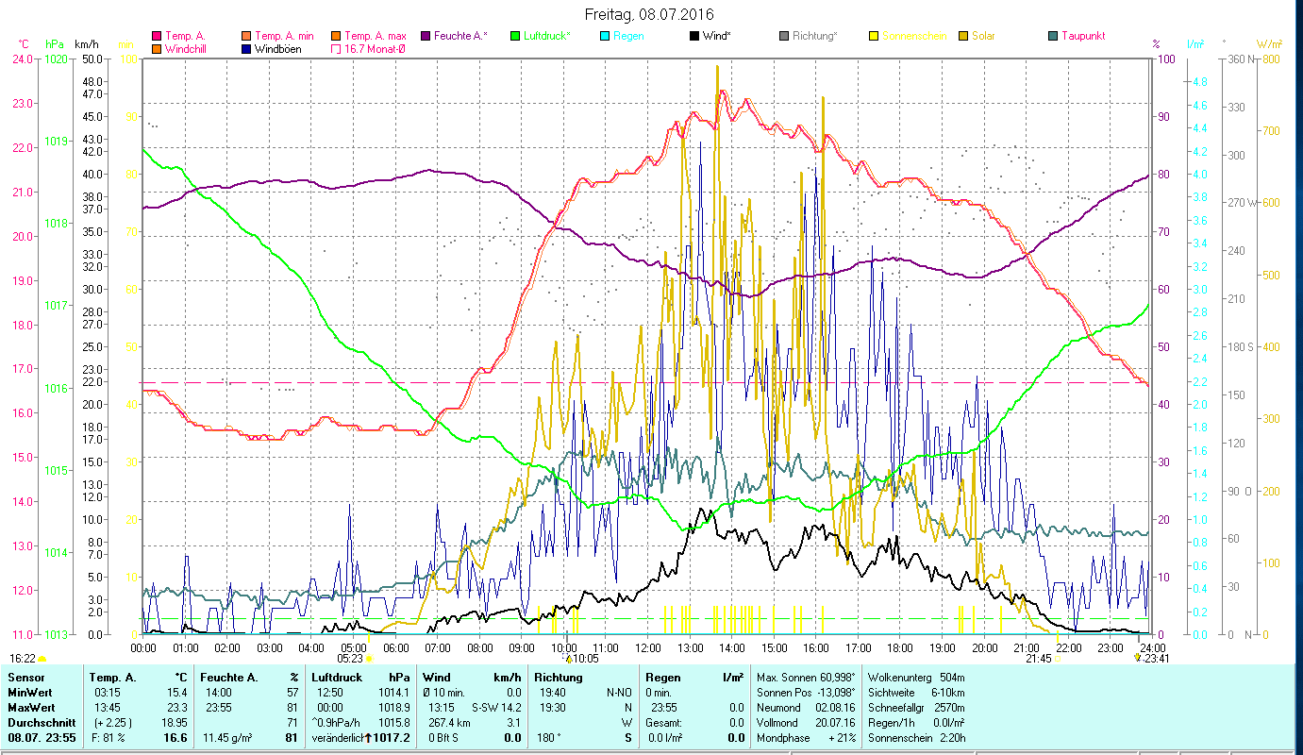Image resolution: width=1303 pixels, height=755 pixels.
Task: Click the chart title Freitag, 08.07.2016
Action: (649, 14)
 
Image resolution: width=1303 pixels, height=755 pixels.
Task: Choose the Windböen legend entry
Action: (277, 48)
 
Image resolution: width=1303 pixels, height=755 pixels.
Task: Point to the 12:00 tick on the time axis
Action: (648, 647)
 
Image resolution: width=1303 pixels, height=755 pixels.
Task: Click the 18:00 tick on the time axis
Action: (900, 647)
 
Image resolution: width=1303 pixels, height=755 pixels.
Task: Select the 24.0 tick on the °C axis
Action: (23, 59)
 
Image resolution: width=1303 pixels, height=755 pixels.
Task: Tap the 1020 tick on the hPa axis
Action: (56, 59)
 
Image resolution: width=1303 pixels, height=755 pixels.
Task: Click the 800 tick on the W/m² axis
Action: (1270, 59)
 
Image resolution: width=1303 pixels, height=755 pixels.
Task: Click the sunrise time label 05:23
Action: (350, 659)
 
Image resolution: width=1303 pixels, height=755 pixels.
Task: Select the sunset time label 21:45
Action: (1038, 659)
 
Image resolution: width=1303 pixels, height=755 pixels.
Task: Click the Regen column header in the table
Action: (661, 678)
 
